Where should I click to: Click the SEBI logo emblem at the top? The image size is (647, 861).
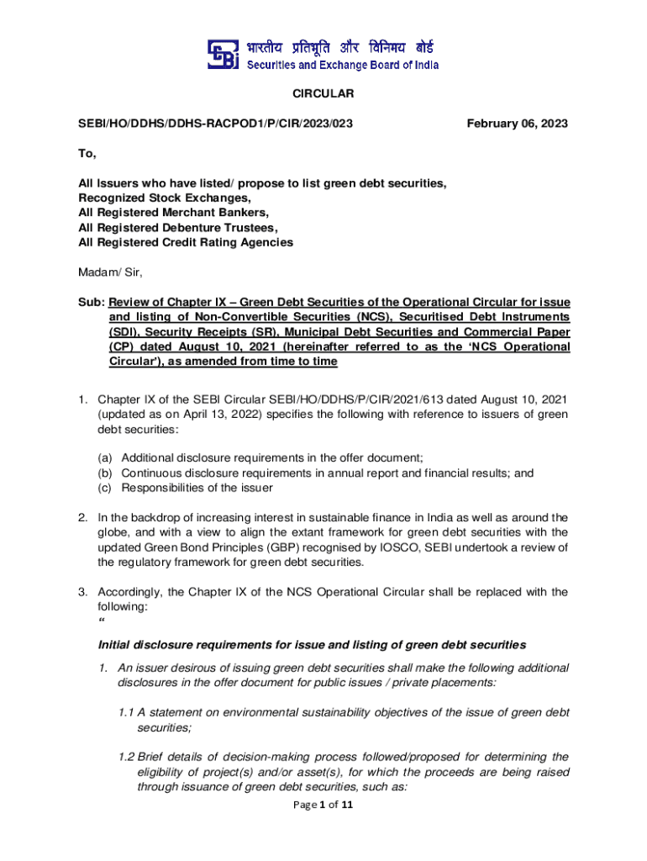point(223,55)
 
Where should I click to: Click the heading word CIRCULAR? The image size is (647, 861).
point(323,93)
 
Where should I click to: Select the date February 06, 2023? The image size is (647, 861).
point(517,124)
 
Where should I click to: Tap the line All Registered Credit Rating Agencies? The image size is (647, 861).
point(186,242)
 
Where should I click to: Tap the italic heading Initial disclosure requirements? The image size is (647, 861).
point(312,645)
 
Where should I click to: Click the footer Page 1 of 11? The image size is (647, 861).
point(323,805)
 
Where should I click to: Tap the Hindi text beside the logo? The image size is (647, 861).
point(340,46)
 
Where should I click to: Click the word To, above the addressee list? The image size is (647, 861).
point(87,154)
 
